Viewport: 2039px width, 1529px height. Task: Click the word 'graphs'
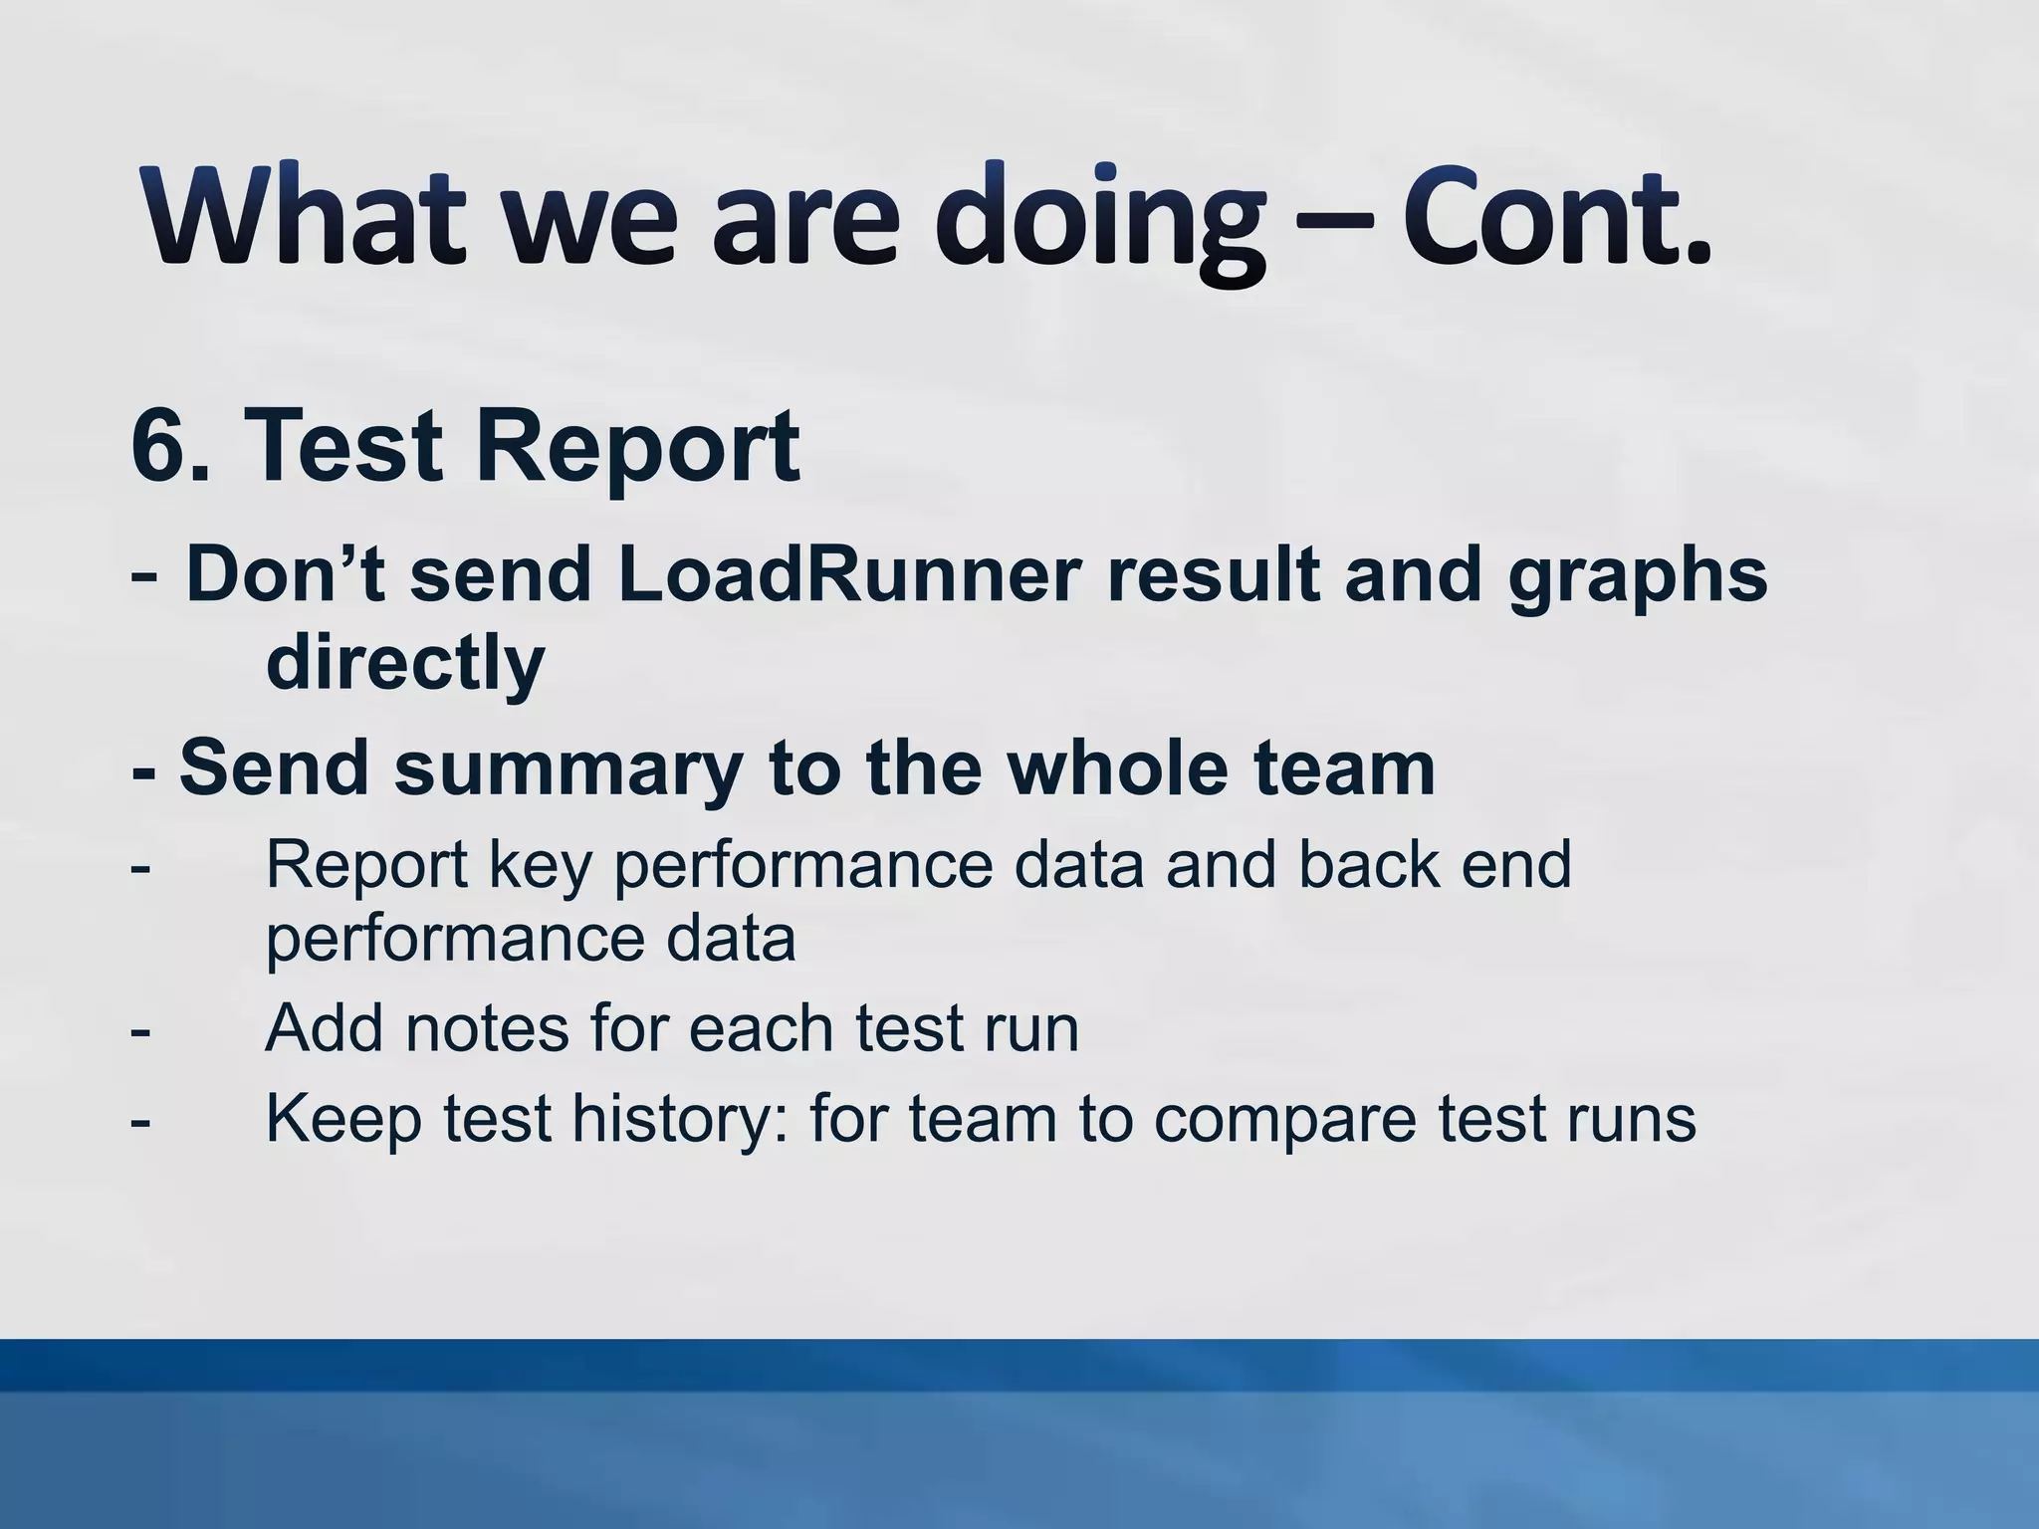coord(1638,579)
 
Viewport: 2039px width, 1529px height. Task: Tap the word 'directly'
coord(405,663)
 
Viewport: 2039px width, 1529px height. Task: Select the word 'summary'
coord(568,770)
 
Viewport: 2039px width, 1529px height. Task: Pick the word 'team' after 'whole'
coord(1343,768)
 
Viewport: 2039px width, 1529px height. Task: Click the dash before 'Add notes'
coord(140,1030)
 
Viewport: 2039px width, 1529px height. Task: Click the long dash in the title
coord(1334,221)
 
